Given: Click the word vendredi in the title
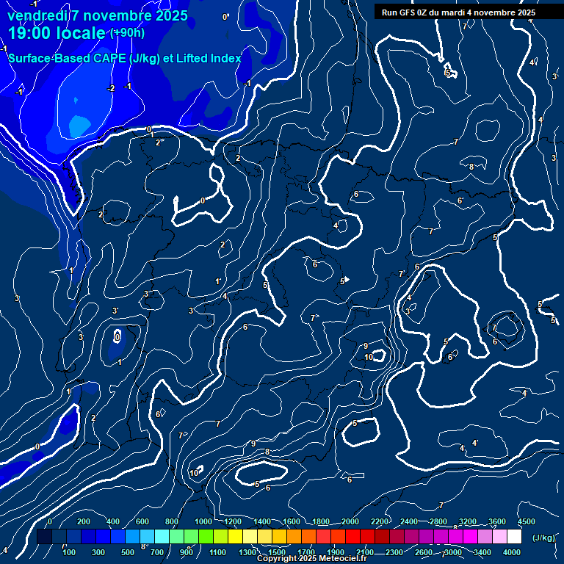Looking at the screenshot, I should [35, 15].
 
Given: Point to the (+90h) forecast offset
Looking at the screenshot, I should [127, 32].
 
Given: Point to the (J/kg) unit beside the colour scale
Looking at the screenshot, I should [543, 538].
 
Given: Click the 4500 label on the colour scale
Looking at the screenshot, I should [526, 521].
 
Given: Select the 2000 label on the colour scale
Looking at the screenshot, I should [350, 521].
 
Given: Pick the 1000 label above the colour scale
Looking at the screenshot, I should [203, 521].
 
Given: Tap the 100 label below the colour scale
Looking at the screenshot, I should [68, 552].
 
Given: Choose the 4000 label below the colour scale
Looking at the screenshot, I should [512, 552].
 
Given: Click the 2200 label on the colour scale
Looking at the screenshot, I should [380, 521].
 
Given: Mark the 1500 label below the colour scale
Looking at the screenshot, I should [277, 552].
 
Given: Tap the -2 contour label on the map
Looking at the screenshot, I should [111, 89].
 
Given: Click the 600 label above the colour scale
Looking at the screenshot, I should [142, 521].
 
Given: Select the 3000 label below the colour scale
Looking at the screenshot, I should [453, 552].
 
